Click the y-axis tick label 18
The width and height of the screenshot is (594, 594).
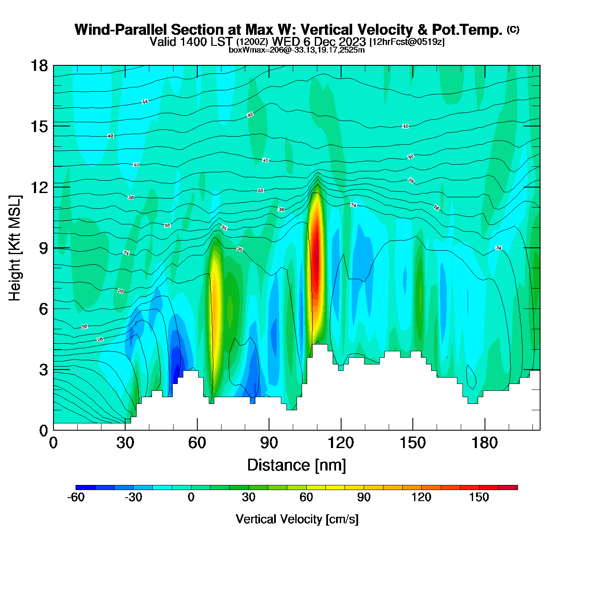click(39, 66)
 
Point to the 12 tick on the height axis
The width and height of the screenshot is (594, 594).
click(39, 187)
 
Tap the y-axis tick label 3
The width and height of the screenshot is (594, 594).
click(43, 370)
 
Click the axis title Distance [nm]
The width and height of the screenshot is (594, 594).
click(297, 465)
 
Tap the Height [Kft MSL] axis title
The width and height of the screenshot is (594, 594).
click(15, 248)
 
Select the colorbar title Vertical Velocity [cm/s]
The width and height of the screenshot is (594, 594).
click(297, 519)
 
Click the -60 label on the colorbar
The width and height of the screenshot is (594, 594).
click(76, 498)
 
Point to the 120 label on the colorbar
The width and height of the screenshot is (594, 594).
click(421, 498)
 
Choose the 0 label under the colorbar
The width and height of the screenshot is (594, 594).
click(191, 498)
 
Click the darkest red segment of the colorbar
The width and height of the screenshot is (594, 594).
click(508, 488)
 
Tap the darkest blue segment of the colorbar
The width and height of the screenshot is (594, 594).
click(85, 488)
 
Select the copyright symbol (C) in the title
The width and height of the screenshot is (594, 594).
click(513, 29)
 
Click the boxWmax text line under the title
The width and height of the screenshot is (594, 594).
click(297, 50)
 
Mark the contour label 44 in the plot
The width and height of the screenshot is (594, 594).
click(145, 102)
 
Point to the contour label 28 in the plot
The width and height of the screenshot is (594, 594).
click(100, 339)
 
